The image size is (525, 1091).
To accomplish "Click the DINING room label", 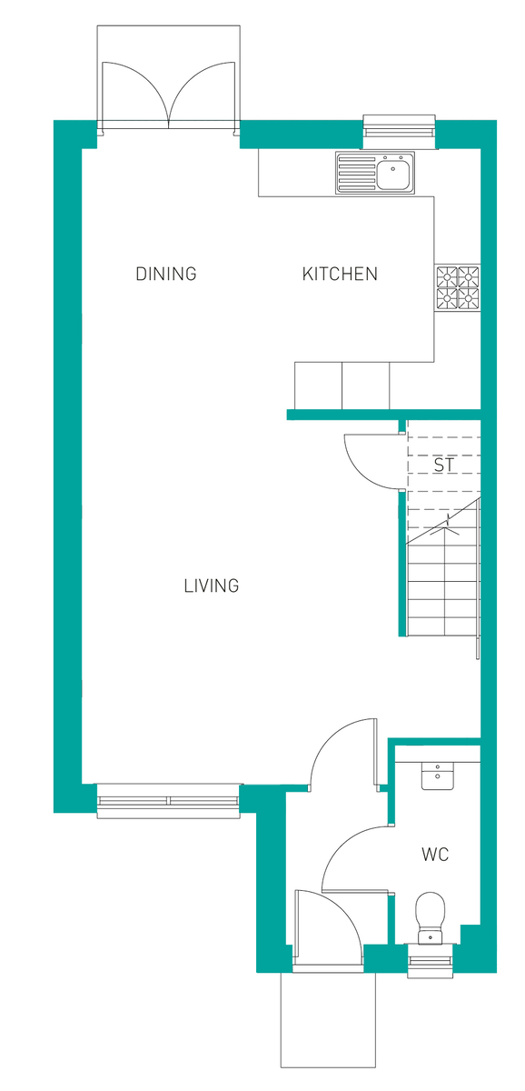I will [x=166, y=274].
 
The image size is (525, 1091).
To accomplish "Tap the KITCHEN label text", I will [x=340, y=274].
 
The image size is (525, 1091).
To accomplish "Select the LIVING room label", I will [x=212, y=586].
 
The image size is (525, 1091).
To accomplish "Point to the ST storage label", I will [x=443, y=465].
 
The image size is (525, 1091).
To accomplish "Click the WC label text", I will [x=435, y=855].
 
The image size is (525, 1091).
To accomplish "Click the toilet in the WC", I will [x=428, y=913].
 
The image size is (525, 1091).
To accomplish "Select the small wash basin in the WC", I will [x=437, y=776].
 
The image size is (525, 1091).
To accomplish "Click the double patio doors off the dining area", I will [x=168, y=91].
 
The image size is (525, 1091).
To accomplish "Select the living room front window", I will [x=168, y=800].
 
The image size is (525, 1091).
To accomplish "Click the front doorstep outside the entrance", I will [x=327, y=1018].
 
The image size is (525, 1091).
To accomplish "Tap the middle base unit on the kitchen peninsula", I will [x=365, y=385].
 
